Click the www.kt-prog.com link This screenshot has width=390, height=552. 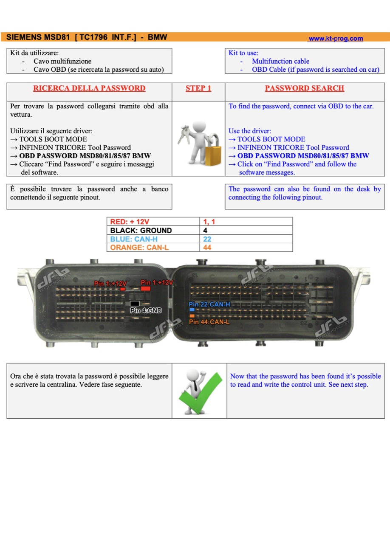click(x=336, y=39)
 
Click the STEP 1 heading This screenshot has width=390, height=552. click(x=198, y=88)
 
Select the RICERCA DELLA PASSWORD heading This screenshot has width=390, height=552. click(x=89, y=88)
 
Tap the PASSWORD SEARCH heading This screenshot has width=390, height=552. click(x=305, y=88)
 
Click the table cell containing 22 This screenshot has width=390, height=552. click(x=246, y=239)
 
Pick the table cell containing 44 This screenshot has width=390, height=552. click(x=246, y=248)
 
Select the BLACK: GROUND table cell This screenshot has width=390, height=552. click(x=153, y=230)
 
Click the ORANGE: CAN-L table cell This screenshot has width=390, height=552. click(x=153, y=248)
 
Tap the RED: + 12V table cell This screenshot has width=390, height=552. click(x=153, y=222)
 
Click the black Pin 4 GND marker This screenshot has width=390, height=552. click(x=135, y=303)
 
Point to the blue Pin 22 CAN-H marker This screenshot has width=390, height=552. click(x=192, y=310)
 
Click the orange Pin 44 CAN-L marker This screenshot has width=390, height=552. click(x=192, y=315)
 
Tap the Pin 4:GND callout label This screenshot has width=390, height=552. click(x=146, y=310)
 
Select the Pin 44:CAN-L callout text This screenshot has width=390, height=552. click(x=209, y=322)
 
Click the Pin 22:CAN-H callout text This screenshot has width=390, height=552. click(x=209, y=304)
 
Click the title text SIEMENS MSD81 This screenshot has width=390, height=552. click(x=38, y=37)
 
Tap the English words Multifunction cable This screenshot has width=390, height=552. click(x=280, y=61)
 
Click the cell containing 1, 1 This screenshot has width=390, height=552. click(x=246, y=222)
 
